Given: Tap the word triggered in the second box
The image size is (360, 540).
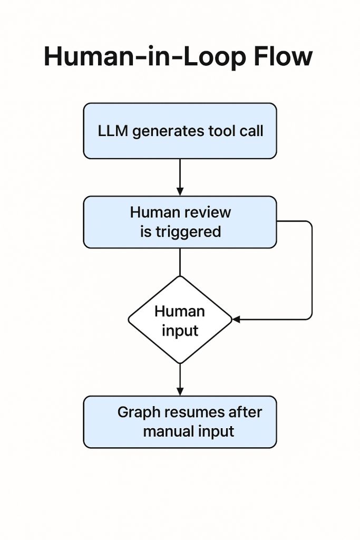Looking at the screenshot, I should [x=188, y=232].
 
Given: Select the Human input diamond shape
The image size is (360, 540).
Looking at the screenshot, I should [x=180, y=320].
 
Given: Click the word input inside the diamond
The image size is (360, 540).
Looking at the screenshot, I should [x=180, y=331].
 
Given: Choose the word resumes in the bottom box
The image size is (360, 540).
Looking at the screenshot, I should [x=195, y=412].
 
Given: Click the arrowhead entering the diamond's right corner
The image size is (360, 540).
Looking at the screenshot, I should [x=236, y=319].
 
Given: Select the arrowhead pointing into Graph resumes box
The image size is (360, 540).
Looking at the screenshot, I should [x=180, y=392].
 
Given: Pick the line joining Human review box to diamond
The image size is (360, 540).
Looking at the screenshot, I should [x=180, y=262].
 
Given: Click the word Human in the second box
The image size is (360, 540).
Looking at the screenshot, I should [x=154, y=213].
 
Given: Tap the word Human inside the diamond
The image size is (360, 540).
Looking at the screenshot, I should [x=180, y=311].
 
